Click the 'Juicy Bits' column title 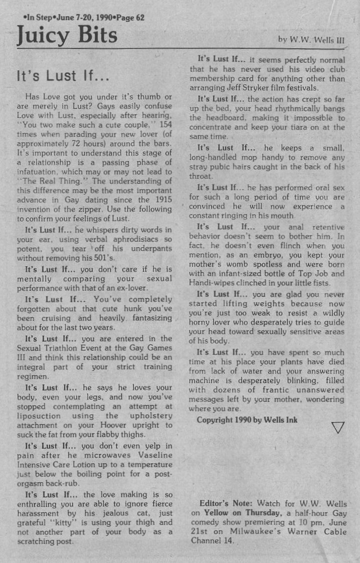(x=67, y=35)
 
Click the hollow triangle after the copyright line (x=338, y=427)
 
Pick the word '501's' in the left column (x=105, y=258)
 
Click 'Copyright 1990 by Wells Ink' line (x=247, y=420)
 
